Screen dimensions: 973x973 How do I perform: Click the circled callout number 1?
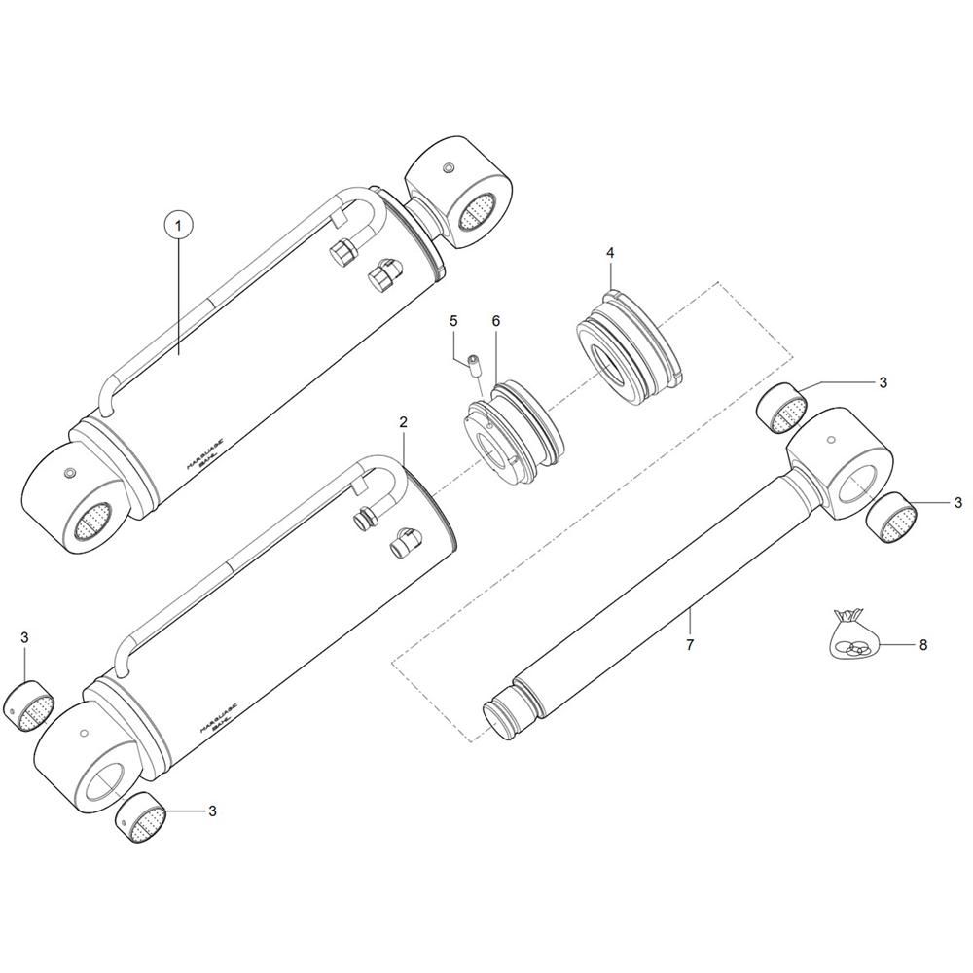pyautogui.click(x=178, y=226)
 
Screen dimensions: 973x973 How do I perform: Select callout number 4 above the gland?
pyautogui.click(x=610, y=253)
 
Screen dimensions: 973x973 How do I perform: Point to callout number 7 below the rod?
pyautogui.click(x=690, y=645)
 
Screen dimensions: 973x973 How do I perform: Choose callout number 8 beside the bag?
pyautogui.click(x=923, y=644)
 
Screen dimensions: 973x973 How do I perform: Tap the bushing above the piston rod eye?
pyautogui.click(x=783, y=408)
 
